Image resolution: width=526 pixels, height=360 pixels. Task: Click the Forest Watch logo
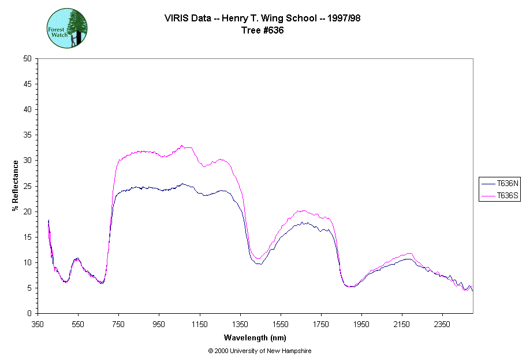[x=67, y=28]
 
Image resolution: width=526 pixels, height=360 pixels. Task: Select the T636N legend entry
[x=500, y=183]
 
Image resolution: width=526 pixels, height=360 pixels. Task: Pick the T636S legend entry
[x=500, y=196]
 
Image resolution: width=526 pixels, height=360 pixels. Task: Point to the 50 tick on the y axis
[x=27, y=59]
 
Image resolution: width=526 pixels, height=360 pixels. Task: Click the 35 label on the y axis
[x=27, y=135]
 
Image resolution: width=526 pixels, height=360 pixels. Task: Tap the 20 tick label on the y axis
[x=27, y=211]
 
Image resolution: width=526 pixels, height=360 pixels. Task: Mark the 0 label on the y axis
[x=29, y=313]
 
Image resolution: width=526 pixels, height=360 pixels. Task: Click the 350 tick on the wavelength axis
[x=38, y=325]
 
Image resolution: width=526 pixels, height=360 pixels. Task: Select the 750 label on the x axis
[x=118, y=325]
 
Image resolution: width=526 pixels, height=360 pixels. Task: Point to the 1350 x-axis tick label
[x=240, y=325]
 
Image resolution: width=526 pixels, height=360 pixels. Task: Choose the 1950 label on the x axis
[x=361, y=325]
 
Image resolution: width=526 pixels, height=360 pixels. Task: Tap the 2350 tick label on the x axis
[x=442, y=325]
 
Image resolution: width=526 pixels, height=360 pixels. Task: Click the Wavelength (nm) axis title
[x=255, y=338]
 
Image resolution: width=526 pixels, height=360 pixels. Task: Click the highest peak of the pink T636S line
[x=182, y=146]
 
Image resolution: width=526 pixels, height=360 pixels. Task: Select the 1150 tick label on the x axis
[x=200, y=325]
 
